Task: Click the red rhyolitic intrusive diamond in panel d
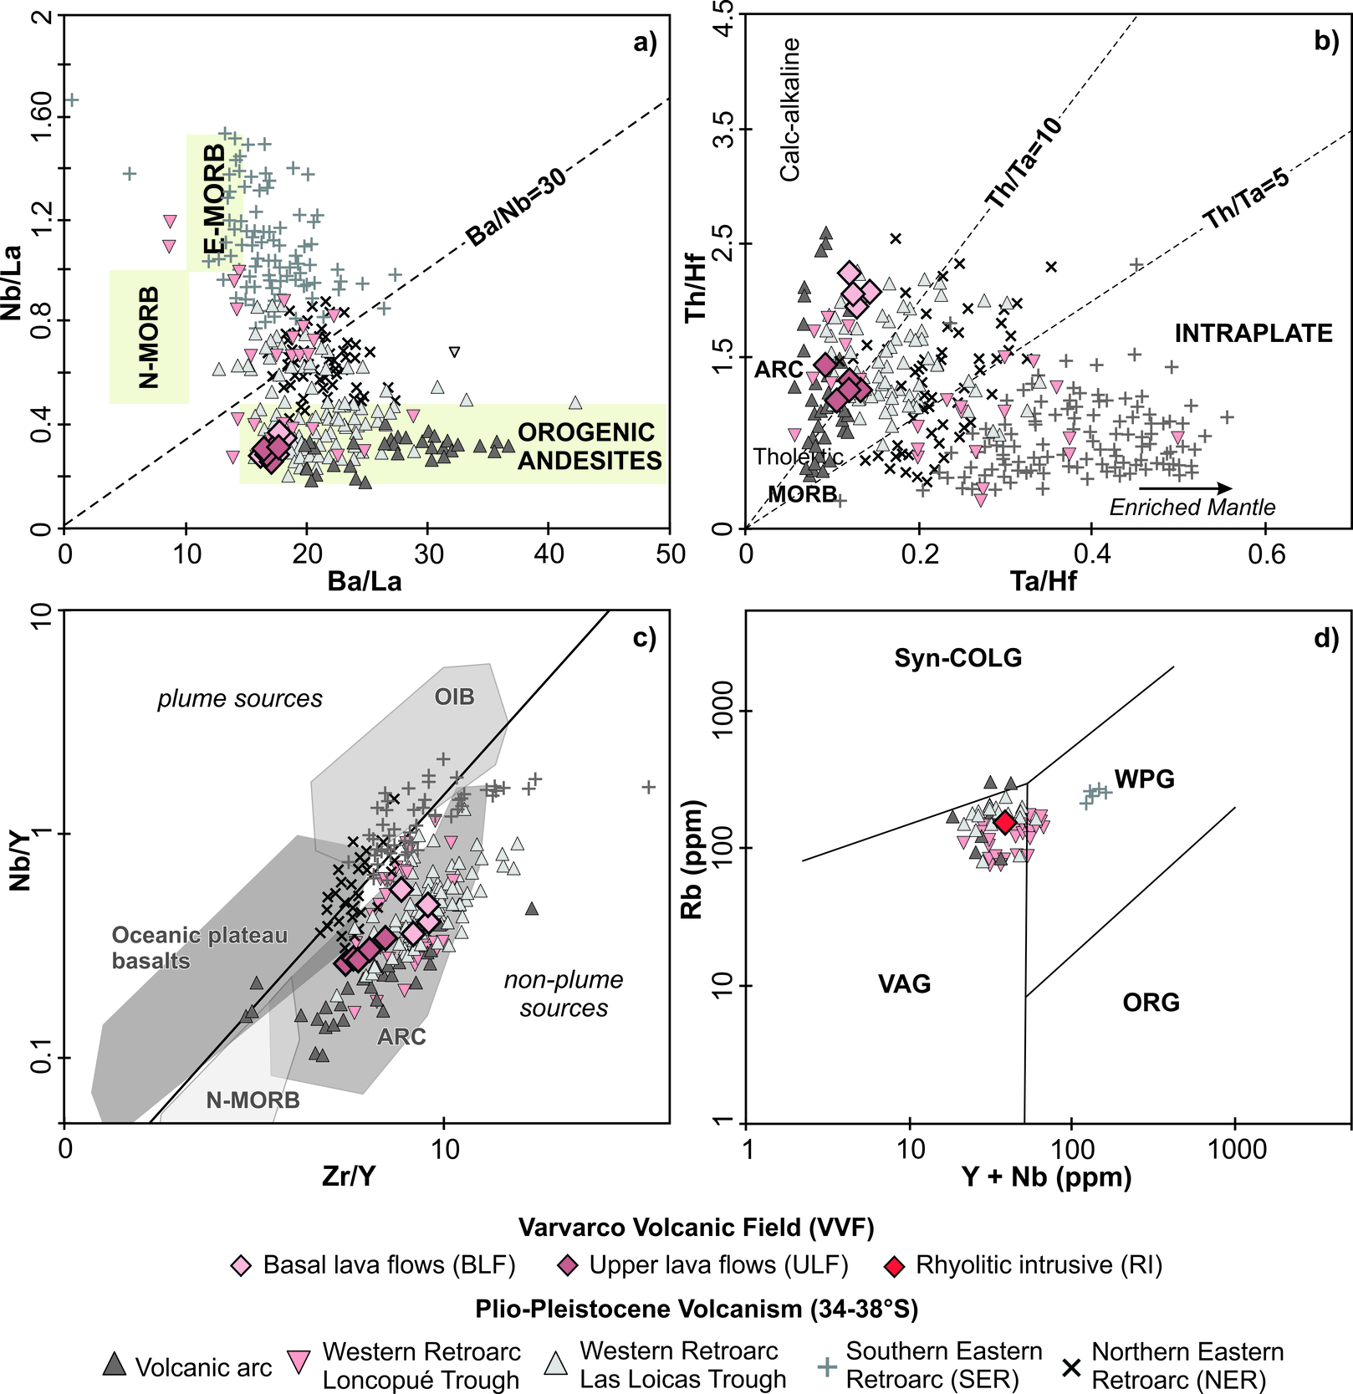pos(1005,823)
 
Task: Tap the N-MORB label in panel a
pos(149,337)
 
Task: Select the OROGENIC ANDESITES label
pos(590,447)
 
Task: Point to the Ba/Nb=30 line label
pos(516,206)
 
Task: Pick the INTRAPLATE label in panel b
pos(1253,334)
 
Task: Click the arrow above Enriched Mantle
pos(1185,488)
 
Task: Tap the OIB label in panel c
pos(454,697)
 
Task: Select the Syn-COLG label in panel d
pos(957,658)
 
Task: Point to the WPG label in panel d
pos(1144,779)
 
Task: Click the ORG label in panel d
pos(1151,1002)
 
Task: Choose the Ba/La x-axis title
pos(364,581)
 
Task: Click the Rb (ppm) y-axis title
pos(692,859)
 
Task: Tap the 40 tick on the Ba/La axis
pos(549,554)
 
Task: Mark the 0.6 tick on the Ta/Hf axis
pos(1266,554)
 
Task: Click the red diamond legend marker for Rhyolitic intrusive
pos(895,1266)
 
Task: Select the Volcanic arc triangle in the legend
pos(115,1366)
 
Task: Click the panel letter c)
pos(644,638)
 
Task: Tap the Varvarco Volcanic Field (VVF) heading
pos(696,1228)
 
